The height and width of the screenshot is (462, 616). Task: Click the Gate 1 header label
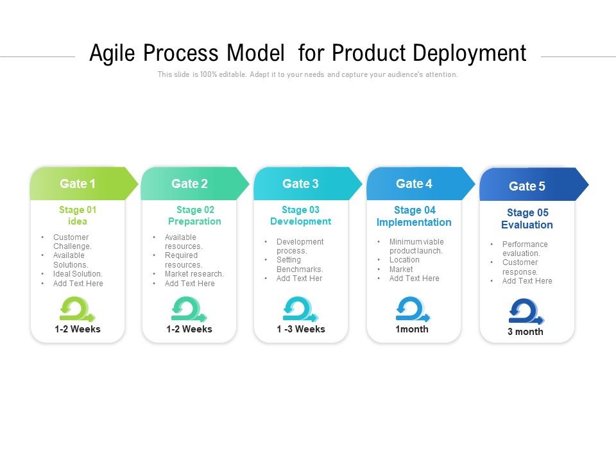click(78, 184)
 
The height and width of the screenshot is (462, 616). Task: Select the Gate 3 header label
click(300, 184)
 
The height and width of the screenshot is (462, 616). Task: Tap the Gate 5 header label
click(527, 186)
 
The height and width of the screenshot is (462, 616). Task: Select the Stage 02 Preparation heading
click(195, 216)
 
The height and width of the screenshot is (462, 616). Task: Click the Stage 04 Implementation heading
click(414, 216)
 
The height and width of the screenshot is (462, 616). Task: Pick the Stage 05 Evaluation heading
click(527, 219)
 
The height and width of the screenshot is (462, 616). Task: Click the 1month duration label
click(413, 329)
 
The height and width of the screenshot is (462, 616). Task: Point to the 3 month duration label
click(526, 332)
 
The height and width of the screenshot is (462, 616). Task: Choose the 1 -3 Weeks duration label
click(301, 329)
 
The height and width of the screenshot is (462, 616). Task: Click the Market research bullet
click(194, 274)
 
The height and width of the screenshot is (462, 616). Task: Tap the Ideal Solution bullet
click(78, 274)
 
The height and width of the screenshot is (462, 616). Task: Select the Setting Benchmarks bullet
click(299, 264)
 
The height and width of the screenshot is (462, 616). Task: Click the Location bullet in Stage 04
click(404, 260)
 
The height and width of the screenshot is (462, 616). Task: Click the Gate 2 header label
click(189, 184)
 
